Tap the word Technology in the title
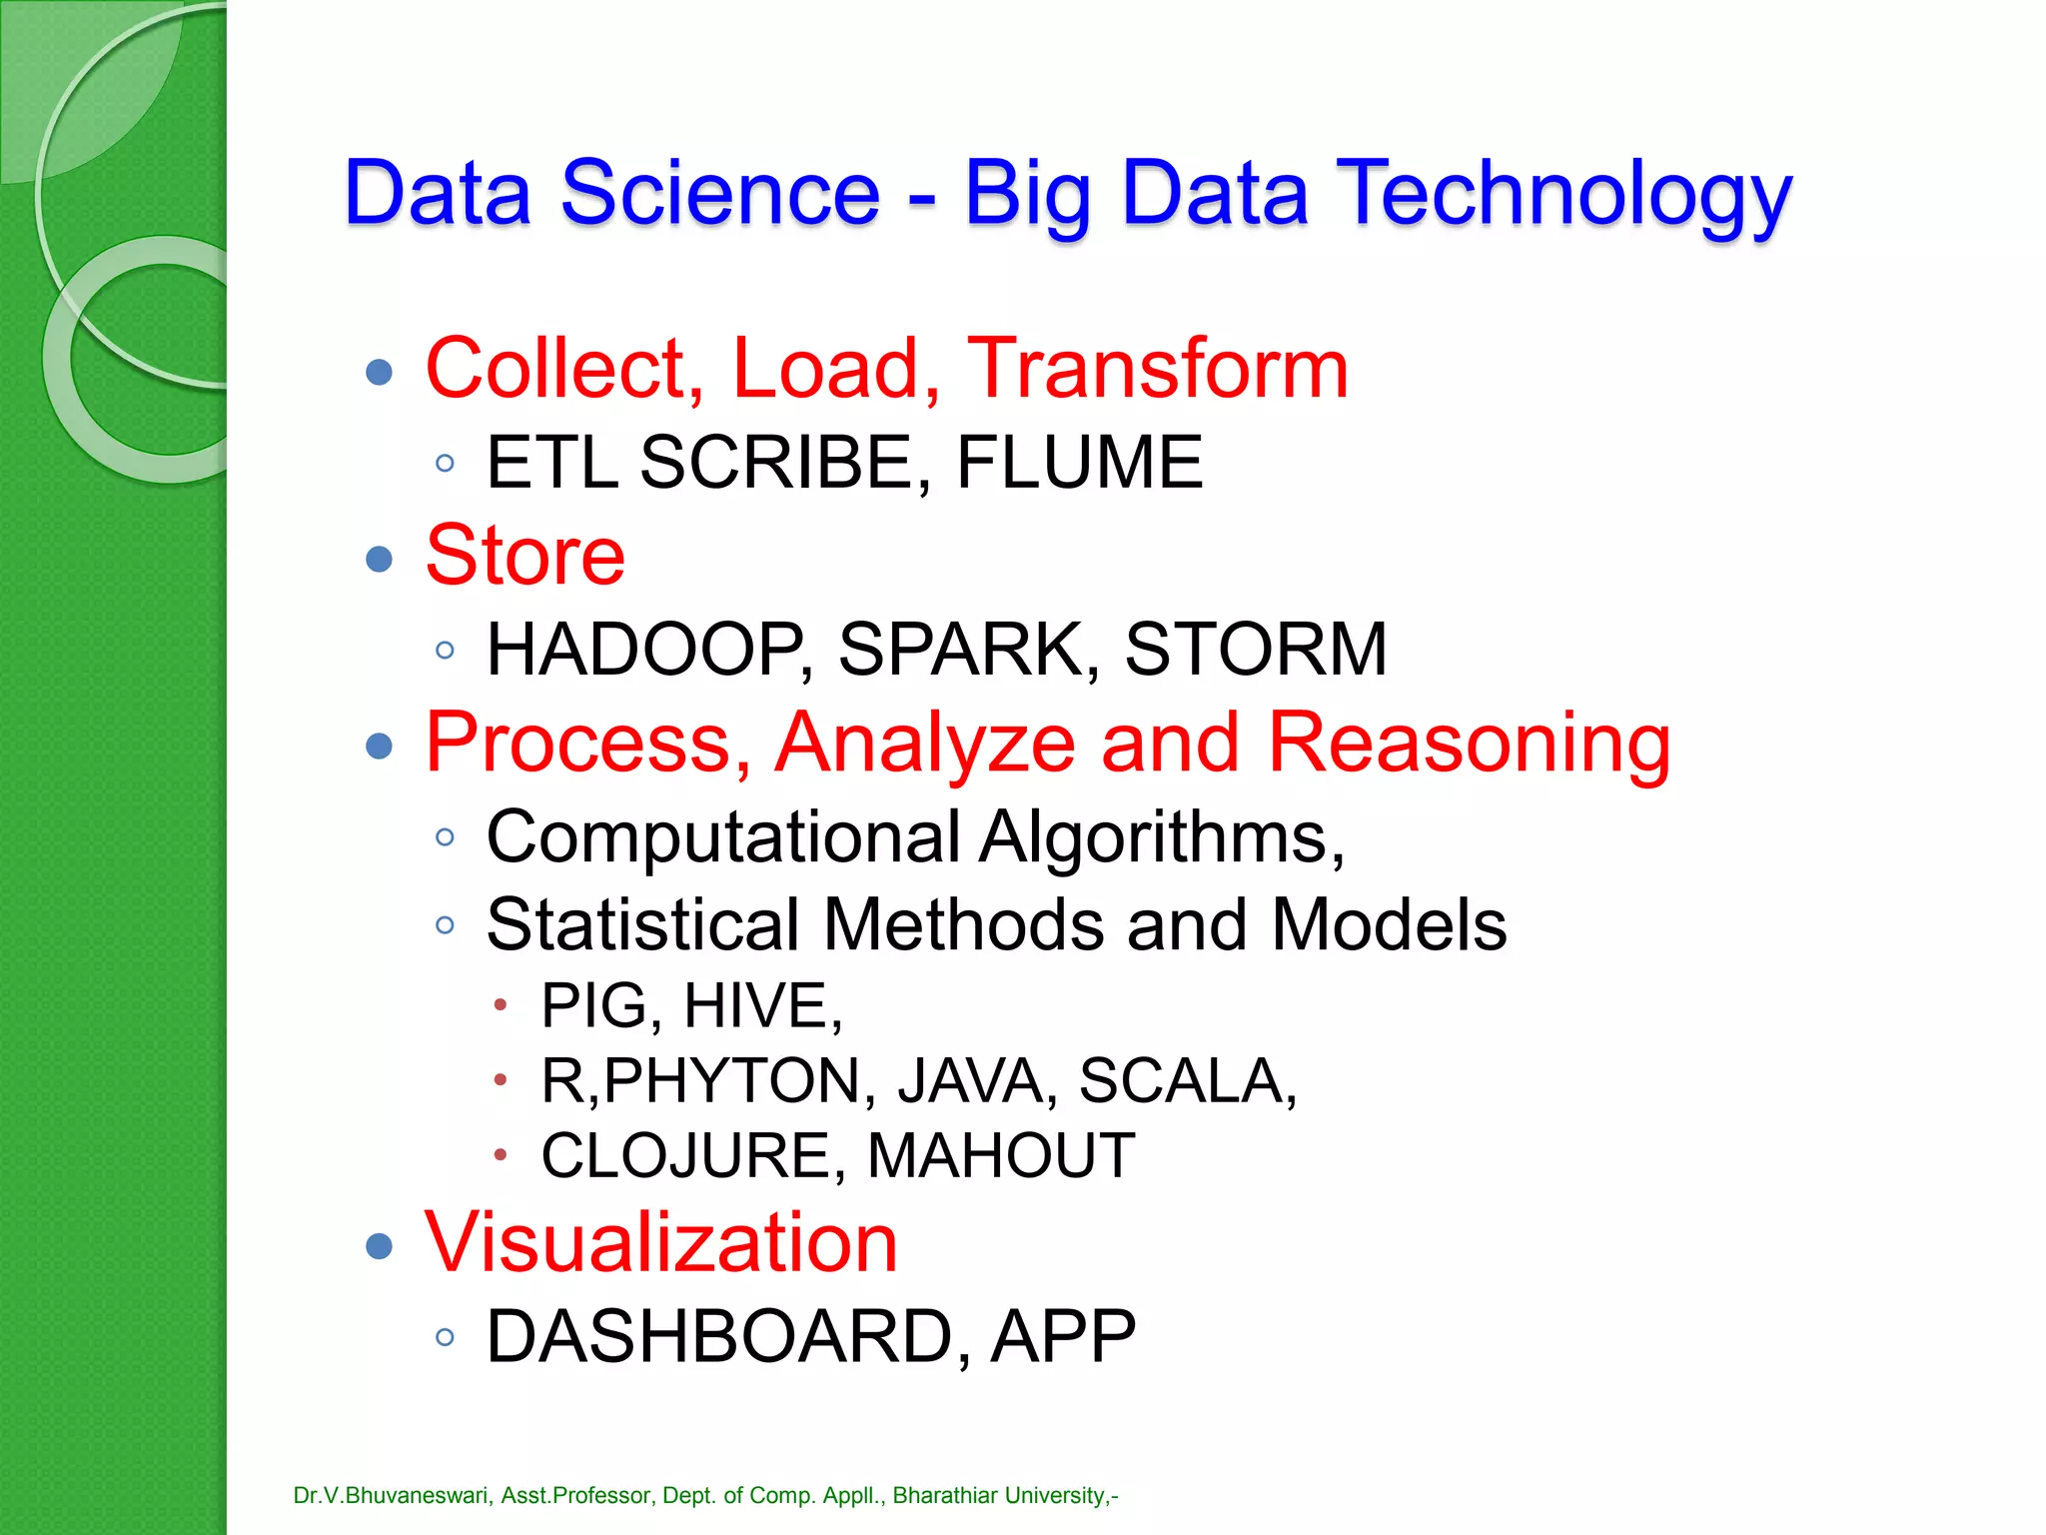point(1564,194)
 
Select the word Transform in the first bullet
point(1158,369)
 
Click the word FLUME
point(1079,463)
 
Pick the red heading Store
point(525,556)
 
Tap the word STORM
point(1256,650)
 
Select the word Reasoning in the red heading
point(1469,744)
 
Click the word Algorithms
point(1161,837)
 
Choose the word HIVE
point(762,1005)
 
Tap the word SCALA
point(1187,1081)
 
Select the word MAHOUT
point(1001,1156)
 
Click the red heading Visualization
point(661,1242)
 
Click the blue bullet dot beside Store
point(380,559)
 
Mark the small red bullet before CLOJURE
point(501,1156)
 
